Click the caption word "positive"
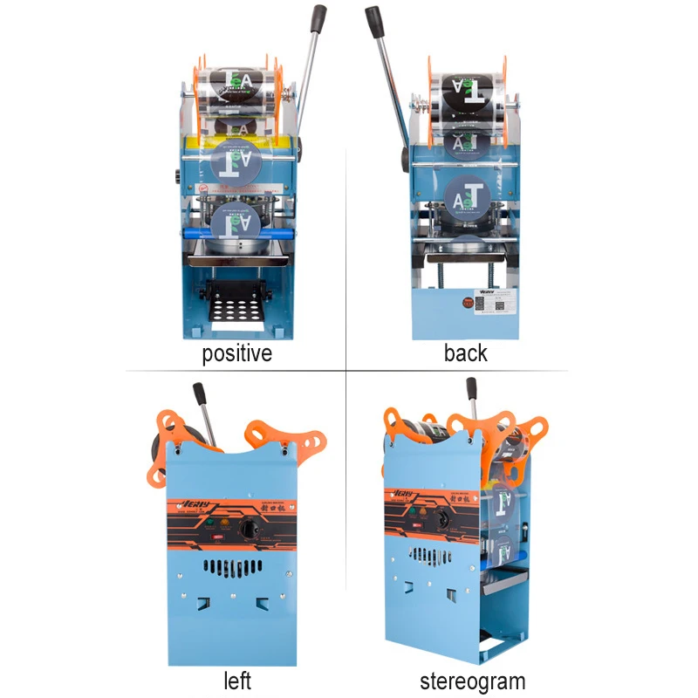(x=236, y=353)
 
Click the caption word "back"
(x=465, y=353)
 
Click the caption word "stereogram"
(x=472, y=681)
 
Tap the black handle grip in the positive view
(x=318, y=22)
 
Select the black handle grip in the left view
(x=199, y=393)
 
